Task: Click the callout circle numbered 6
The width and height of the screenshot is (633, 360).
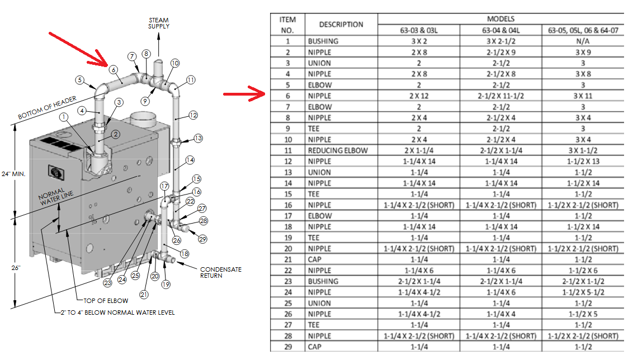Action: (x=114, y=70)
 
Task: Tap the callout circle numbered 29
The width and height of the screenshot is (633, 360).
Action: (x=202, y=239)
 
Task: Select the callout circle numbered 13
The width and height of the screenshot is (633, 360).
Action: (x=198, y=138)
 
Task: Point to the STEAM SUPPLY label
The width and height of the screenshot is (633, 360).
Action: (x=159, y=23)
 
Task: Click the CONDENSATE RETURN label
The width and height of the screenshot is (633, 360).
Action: (x=221, y=272)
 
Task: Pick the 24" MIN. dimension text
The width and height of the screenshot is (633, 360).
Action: (x=13, y=174)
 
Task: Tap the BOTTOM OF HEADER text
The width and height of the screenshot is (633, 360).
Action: (x=47, y=107)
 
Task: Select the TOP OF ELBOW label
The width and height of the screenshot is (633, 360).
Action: (x=106, y=301)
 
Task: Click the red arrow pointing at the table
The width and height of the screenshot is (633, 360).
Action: (x=244, y=94)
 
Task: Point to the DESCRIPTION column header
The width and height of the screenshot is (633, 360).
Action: (x=341, y=25)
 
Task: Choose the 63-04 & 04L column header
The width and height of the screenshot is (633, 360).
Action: (x=500, y=30)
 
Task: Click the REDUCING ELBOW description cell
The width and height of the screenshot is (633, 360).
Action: (x=338, y=150)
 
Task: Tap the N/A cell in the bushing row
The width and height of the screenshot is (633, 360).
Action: (x=583, y=41)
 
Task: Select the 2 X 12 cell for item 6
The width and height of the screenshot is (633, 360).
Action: (x=419, y=96)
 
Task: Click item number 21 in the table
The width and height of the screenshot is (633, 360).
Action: (x=288, y=259)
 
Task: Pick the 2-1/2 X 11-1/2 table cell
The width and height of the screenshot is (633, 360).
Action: (x=500, y=96)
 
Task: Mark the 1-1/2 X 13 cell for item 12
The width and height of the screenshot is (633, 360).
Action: (x=583, y=162)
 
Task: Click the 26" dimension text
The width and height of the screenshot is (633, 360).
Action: (x=16, y=268)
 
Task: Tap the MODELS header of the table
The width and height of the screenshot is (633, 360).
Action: (x=500, y=19)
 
